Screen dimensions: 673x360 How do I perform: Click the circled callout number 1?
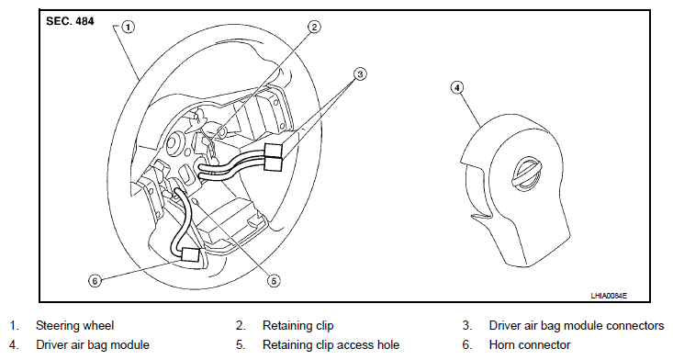click(128, 27)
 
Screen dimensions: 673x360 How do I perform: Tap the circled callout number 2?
click(315, 27)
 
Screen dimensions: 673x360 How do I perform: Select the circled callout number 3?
click(360, 74)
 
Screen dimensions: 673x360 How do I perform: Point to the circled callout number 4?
click(457, 87)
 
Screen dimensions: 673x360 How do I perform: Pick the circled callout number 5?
click(274, 281)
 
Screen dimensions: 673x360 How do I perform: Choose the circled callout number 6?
click(95, 281)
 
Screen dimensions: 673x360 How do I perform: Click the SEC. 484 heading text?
click(70, 21)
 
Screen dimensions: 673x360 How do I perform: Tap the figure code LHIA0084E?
click(609, 296)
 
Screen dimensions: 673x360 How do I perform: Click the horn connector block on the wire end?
click(190, 254)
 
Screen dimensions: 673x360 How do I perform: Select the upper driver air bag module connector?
click(274, 150)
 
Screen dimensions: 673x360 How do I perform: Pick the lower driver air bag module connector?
click(274, 163)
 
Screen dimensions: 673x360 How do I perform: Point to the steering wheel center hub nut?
click(174, 143)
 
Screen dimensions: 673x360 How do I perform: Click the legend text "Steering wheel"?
click(74, 326)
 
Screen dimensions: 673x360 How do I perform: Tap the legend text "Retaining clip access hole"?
click(331, 345)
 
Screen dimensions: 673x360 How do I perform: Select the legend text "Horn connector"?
click(530, 345)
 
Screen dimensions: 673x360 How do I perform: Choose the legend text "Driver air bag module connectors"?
click(577, 326)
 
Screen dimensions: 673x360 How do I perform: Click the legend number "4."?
click(14, 345)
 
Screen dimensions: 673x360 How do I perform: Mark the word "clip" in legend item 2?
click(323, 326)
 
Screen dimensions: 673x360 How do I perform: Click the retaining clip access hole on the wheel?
click(196, 201)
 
